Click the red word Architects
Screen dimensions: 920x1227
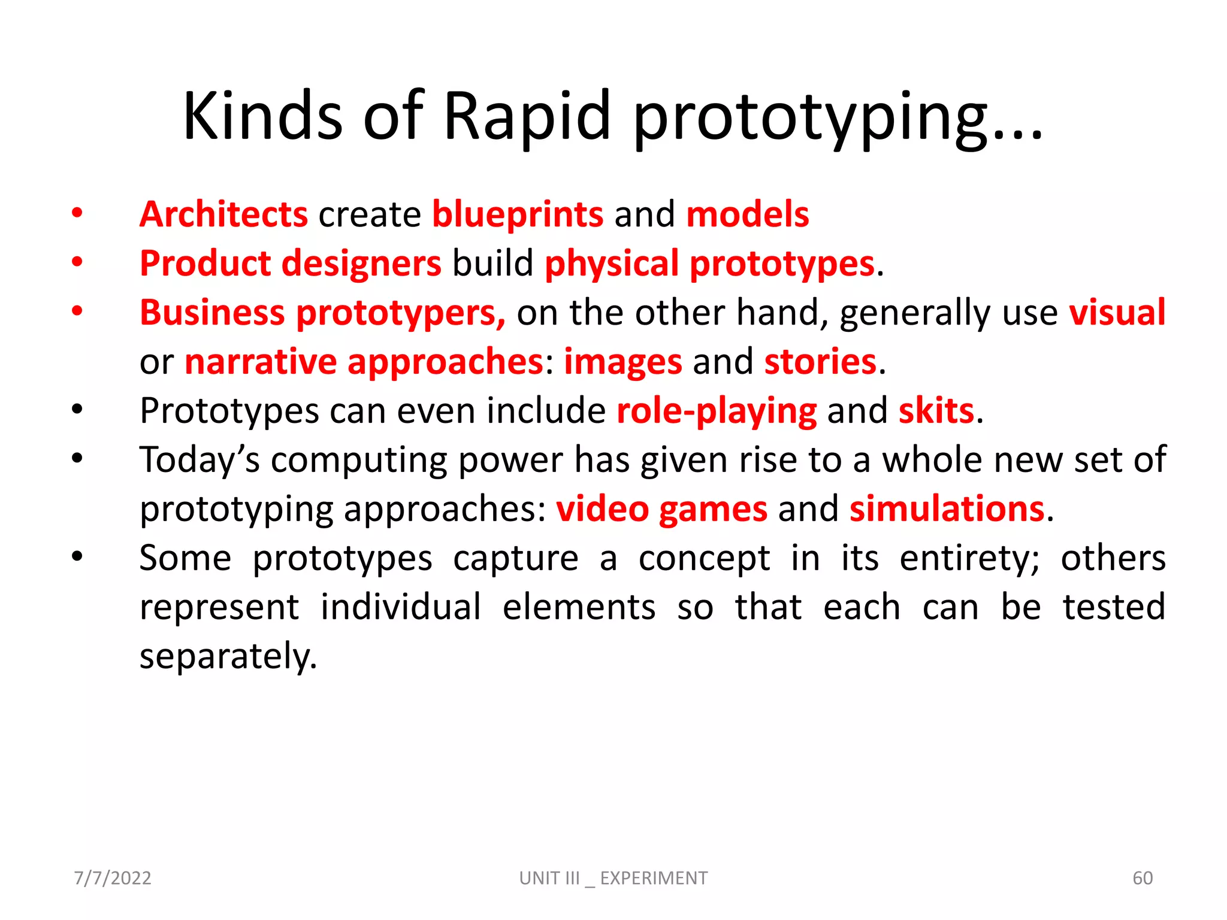click(223, 214)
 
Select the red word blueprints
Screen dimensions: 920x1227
click(518, 214)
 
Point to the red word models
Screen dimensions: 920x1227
click(747, 214)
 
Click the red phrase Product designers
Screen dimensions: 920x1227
click(291, 263)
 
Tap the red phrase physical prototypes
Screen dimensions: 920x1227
click(709, 263)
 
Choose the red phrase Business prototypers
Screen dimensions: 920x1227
click(322, 312)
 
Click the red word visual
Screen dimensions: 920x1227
click(1117, 312)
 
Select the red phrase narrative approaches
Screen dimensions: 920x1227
click(364, 361)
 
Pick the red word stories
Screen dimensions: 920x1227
click(820, 361)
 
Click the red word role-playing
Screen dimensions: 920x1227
click(717, 410)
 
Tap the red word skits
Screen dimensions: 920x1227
click(936, 410)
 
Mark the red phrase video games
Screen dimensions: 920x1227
click(661, 509)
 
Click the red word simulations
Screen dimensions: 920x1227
click(947, 509)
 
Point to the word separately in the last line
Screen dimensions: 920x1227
click(228, 656)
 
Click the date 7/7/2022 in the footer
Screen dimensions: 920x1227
click(113, 878)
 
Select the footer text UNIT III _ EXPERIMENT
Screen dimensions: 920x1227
click(613, 878)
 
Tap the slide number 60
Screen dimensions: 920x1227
click(1143, 878)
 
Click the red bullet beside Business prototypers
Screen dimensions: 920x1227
click(77, 311)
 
